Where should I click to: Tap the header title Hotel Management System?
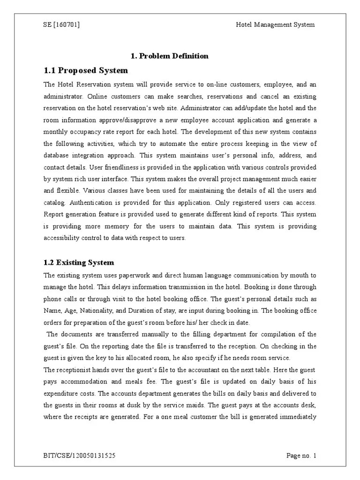[x=275, y=25]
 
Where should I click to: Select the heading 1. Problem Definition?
[x=169, y=56]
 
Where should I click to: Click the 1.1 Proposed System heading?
[x=85, y=71]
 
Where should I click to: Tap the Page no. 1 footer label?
[x=301, y=455]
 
